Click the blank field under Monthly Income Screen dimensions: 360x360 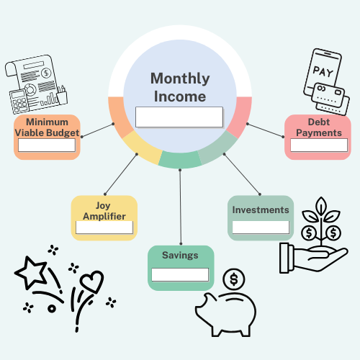179,117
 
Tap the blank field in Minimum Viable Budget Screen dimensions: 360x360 47,145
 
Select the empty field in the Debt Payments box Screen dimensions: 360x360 319,145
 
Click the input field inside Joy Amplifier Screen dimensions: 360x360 104,228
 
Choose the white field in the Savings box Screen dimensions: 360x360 180,274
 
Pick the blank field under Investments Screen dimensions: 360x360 261,227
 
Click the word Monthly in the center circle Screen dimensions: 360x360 180,79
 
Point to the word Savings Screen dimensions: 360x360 180,256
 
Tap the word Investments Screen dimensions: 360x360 261,210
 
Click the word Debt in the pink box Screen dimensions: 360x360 319,122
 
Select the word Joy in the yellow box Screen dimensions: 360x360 103,206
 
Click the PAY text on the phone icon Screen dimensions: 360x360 323,72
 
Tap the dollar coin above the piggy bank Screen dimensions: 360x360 234,279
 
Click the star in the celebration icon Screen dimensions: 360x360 31,273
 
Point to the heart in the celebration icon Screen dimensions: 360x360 92,282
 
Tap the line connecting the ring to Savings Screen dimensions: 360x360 181,207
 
